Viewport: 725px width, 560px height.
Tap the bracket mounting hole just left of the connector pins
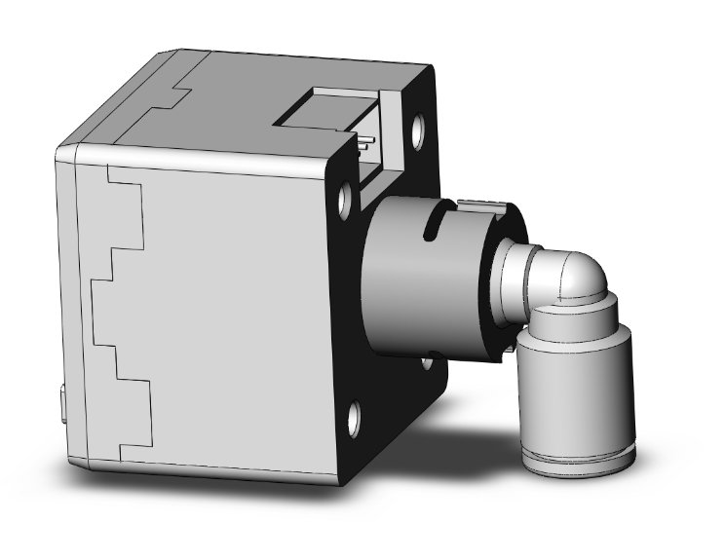(345, 199)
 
